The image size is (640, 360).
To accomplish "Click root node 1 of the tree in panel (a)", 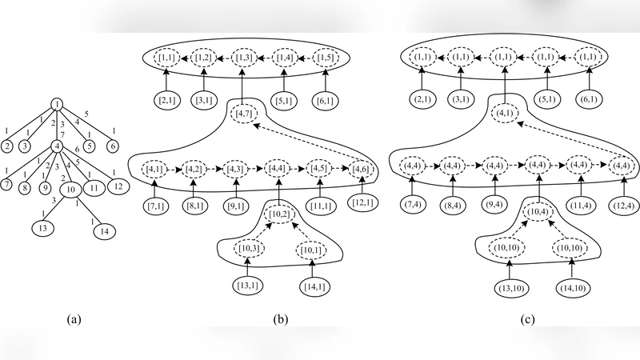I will point(58,104).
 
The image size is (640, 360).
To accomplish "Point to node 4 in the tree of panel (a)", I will point(58,146).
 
